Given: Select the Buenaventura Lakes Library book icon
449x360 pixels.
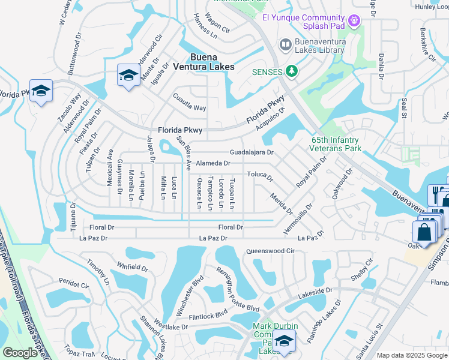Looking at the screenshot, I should click(285, 44).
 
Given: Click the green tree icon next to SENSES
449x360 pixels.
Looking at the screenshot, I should click(292, 72).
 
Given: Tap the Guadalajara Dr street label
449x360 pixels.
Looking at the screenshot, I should click(252, 153).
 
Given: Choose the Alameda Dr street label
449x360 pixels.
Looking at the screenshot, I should click(214, 163).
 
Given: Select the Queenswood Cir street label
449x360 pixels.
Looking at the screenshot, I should click(271, 251).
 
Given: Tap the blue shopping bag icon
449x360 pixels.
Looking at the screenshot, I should click(424, 232).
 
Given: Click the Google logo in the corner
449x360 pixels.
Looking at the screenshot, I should click(20, 353).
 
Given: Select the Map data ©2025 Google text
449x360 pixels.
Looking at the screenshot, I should click(411, 355).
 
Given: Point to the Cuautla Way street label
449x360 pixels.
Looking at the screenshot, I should click(190, 108).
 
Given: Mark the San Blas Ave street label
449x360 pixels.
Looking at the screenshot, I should click(183, 153).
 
